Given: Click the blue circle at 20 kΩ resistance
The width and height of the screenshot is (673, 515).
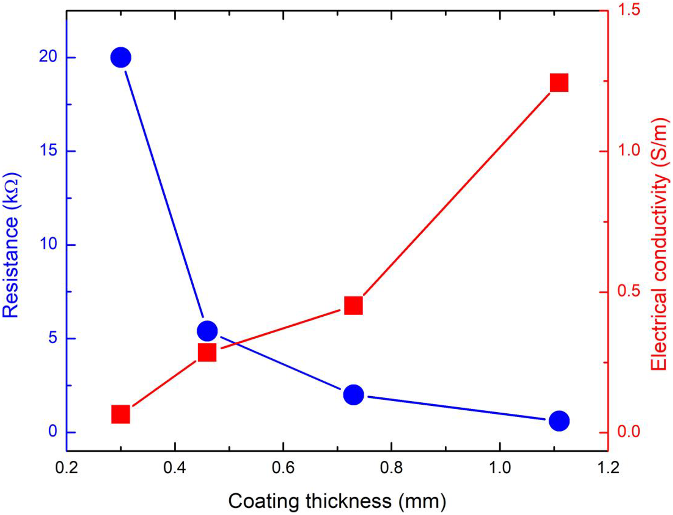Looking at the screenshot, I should pos(120,57).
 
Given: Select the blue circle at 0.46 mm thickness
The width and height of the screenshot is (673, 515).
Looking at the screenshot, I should pos(207,330).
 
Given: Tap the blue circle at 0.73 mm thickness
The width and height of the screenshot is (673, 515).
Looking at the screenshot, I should pos(354,394).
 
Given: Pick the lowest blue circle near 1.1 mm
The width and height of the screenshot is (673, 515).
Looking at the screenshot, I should pos(559,421).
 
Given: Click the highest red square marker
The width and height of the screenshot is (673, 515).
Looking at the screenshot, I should pos(559,83).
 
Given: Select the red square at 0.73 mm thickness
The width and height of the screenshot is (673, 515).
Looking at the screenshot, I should pos(354,305).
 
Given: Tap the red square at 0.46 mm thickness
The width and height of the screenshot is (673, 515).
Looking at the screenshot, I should pos(207,353).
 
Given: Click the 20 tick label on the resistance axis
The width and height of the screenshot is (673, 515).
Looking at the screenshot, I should pos(48,57).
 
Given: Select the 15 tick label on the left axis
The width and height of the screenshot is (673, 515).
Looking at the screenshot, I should pos(48,151).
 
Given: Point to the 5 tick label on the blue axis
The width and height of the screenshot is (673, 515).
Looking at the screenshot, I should pos(52,338).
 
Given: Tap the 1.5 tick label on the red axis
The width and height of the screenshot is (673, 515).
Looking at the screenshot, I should pos(629,10).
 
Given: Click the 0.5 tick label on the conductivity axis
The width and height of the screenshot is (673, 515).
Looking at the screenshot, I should pos(629,292).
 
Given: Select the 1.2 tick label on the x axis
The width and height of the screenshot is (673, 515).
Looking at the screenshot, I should pos(608,468).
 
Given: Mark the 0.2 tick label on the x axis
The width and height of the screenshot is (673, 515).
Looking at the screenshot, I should pos(67,468).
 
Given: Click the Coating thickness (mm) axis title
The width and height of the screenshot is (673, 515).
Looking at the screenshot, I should pos(337,501).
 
